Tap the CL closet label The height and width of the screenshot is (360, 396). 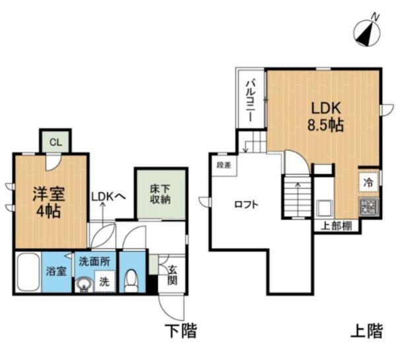(x=55, y=141)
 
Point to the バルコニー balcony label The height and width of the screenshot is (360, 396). (x=251, y=100)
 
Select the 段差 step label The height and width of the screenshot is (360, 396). (x=221, y=164)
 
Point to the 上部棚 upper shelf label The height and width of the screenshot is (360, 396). (x=336, y=225)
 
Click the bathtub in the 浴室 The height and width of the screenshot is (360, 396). (x=28, y=271)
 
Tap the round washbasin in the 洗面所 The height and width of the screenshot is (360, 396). (x=84, y=284)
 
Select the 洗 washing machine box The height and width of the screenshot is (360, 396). (x=104, y=282)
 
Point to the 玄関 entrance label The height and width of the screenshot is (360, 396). (x=172, y=274)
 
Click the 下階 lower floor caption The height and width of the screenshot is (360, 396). (x=181, y=330)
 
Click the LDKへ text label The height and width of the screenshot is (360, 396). (x=108, y=196)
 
